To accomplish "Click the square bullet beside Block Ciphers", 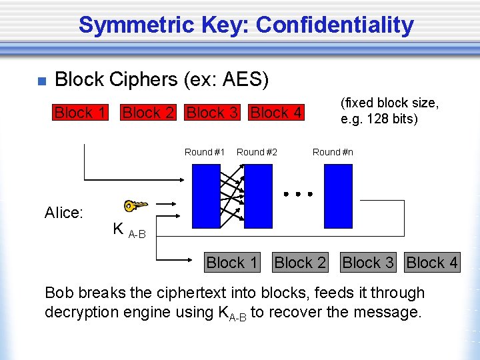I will pyautogui.click(x=41, y=81).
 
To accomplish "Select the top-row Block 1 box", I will pyautogui.click(x=80, y=113).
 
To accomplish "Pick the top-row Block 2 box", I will pyautogui.click(x=148, y=113).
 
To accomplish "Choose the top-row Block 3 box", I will pyautogui.click(x=212, y=113).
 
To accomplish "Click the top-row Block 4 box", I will pyautogui.click(x=276, y=113).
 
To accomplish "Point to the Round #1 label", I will pyautogui.click(x=205, y=152).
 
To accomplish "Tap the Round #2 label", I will pyautogui.click(x=257, y=152).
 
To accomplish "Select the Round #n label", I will pyautogui.click(x=333, y=152).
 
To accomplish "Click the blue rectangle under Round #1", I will pyautogui.click(x=206, y=196).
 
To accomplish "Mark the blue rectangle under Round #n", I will pyautogui.click(x=338, y=196).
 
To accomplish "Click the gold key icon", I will pyautogui.click(x=135, y=206).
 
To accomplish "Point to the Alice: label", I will pyautogui.click(x=64, y=213).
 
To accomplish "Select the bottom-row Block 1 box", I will pyautogui.click(x=232, y=263).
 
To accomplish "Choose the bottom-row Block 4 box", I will pyautogui.click(x=432, y=263).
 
